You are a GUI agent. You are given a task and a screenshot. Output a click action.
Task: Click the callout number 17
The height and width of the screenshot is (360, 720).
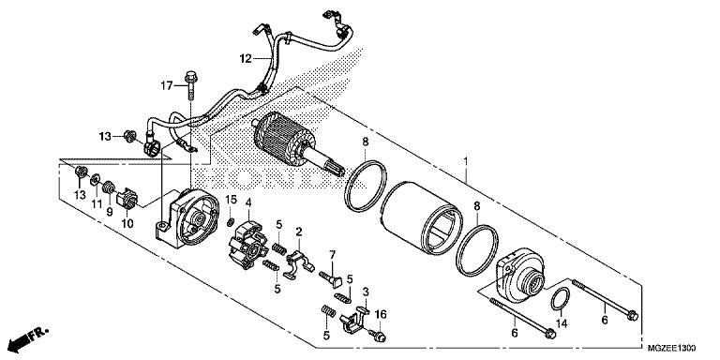click(x=167, y=85)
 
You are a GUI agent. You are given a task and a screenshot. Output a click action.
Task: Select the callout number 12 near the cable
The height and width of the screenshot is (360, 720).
click(x=246, y=58)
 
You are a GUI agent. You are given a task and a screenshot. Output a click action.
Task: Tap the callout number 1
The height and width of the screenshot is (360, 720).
click(x=466, y=161)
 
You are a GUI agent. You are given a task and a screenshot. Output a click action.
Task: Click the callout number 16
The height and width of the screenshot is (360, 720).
click(x=381, y=315)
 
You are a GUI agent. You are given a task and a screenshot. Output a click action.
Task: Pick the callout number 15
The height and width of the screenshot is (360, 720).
click(x=231, y=201)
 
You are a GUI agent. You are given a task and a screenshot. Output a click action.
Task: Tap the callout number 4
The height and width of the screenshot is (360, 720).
click(x=247, y=202)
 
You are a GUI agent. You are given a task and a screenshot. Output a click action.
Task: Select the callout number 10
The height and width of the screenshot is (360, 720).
click(x=127, y=224)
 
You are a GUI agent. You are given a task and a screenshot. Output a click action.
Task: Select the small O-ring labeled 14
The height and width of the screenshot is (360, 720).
click(x=561, y=299)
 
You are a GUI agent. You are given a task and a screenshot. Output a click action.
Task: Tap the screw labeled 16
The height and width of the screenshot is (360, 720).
click(x=377, y=336)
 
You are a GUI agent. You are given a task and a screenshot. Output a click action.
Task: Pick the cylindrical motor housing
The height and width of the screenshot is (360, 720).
click(x=421, y=217)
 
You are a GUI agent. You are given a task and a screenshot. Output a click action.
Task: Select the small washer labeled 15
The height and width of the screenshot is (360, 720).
click(x=230, y=222)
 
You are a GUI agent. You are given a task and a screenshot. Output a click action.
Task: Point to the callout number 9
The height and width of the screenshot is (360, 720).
click(x=110, y=212)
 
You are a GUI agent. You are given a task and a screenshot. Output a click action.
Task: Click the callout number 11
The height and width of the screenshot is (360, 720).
click(x=96, y=204)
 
